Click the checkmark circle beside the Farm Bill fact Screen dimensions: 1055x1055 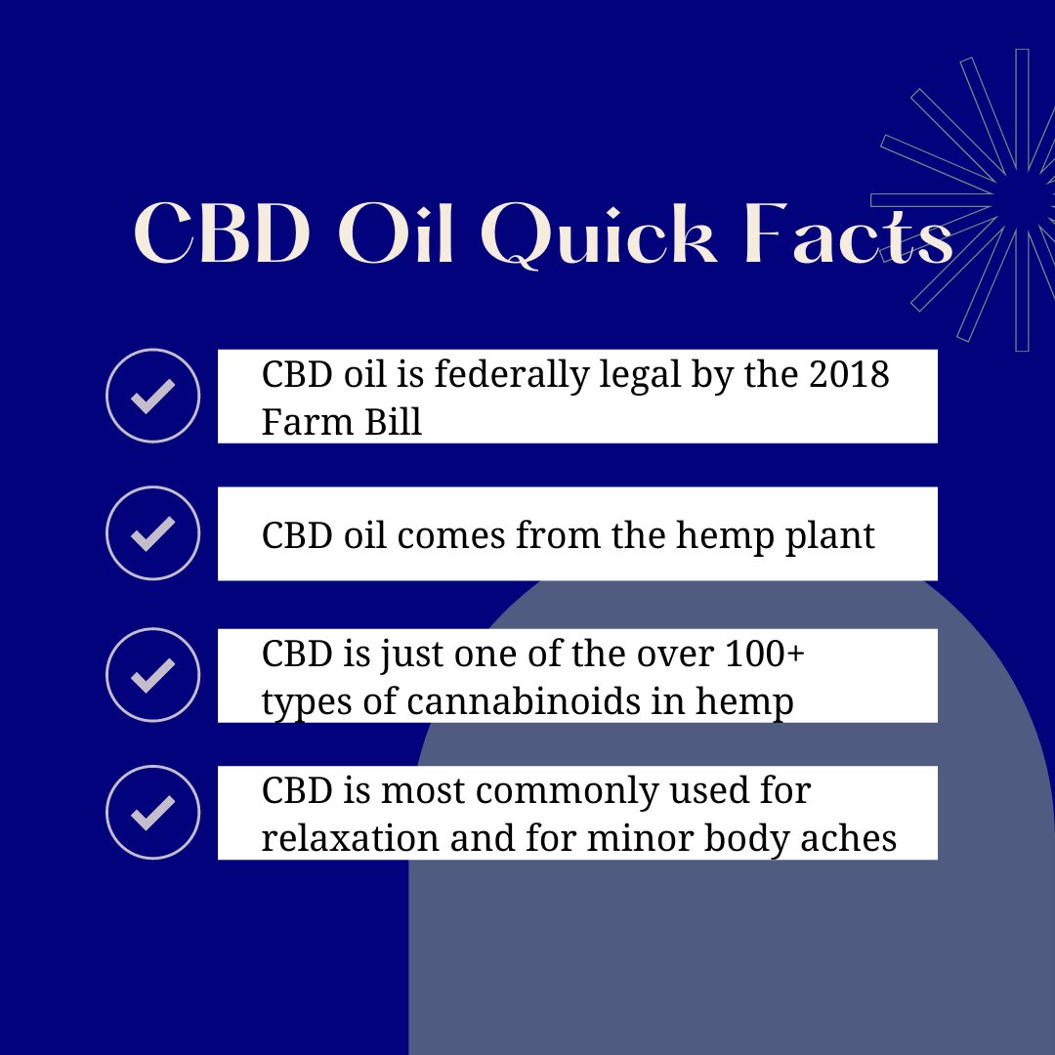click(152, 396)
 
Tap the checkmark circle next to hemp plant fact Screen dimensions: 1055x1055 click(152, 533)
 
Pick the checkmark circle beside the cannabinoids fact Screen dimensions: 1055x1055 click(152, 675)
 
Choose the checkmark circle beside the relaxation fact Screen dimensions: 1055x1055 click(152, 813)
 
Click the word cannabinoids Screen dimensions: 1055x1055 click(528, 700)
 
